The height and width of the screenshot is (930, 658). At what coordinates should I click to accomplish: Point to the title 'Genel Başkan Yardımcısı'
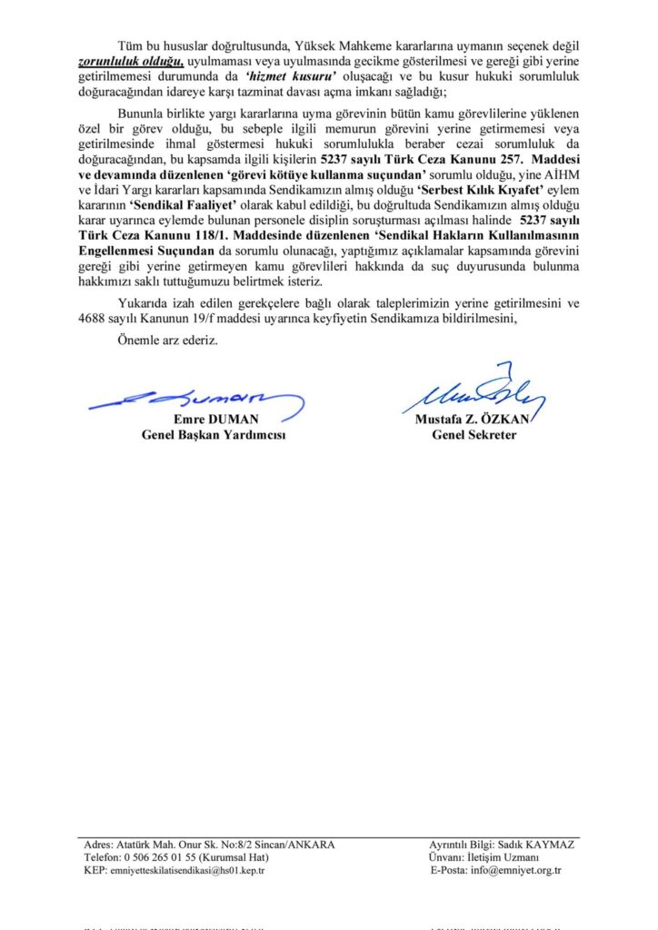click(213, 436)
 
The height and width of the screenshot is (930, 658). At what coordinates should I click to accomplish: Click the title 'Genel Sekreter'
click(474, 436)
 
